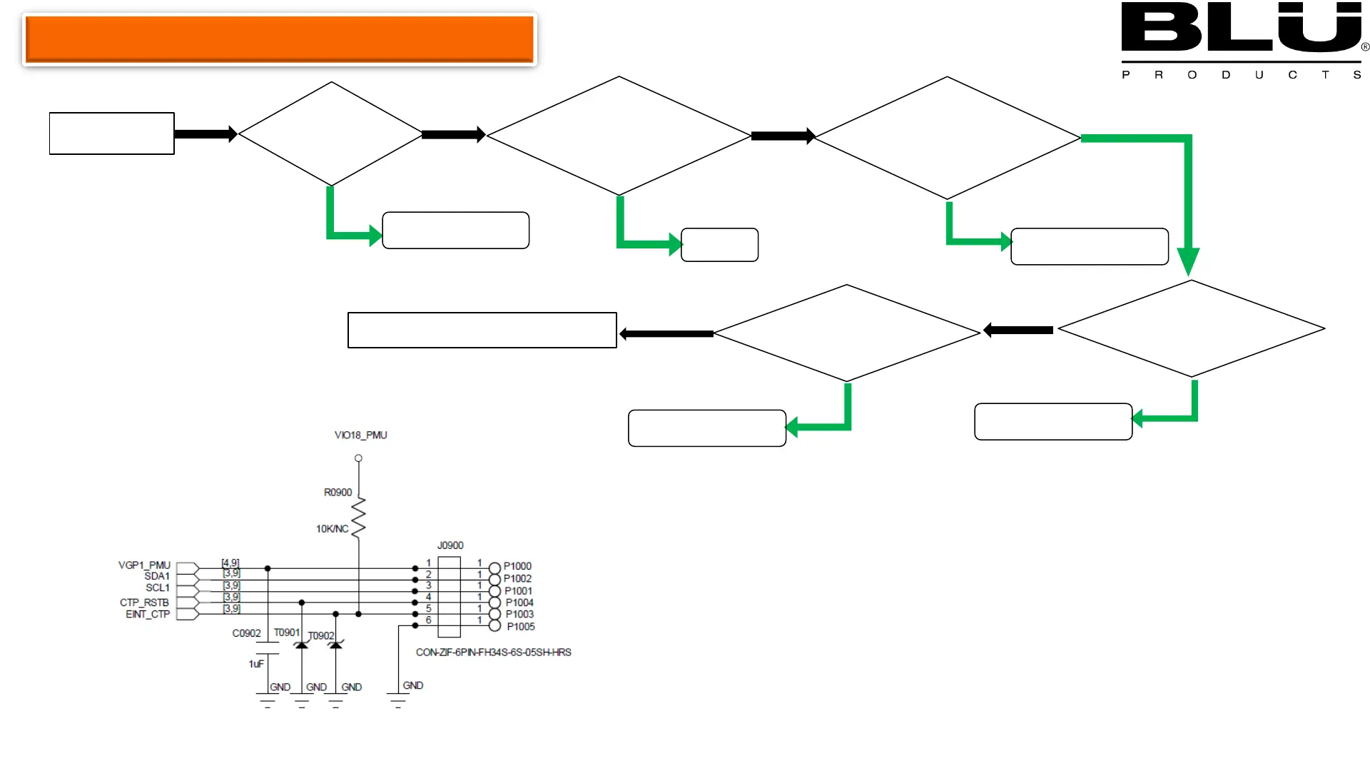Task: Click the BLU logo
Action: [x=1242, y=29]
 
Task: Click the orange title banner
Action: [x=280, y=39]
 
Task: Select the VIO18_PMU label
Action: [x=360, y=435]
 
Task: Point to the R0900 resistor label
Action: [x=338, y=493]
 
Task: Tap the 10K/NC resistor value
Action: [x=332, y=529]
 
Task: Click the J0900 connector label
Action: [x=450, y=545]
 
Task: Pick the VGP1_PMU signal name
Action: [x=144, y=565]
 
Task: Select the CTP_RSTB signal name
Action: [x=144, y=603]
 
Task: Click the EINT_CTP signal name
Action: [x=148, y=614]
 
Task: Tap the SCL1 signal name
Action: [x=158, y=588]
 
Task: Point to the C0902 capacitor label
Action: [x=246, y=633]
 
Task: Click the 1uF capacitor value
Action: [x=256, y=664]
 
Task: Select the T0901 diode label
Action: [x=286, y=633]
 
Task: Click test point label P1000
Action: [x=517, y=566]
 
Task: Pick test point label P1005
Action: [x=521, y=627]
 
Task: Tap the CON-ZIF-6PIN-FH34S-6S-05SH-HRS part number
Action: [x=493, y=652]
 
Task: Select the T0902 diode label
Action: [x=321, y=635]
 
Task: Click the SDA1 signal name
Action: [x=157, y=576]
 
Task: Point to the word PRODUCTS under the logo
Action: [x=1242, y=75]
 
